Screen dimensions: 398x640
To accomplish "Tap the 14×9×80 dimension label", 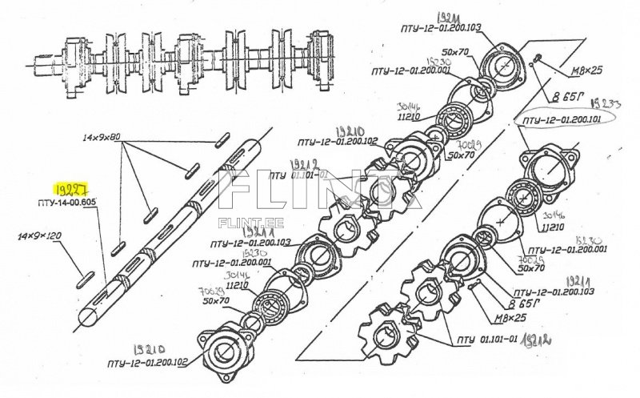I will (102, 138).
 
